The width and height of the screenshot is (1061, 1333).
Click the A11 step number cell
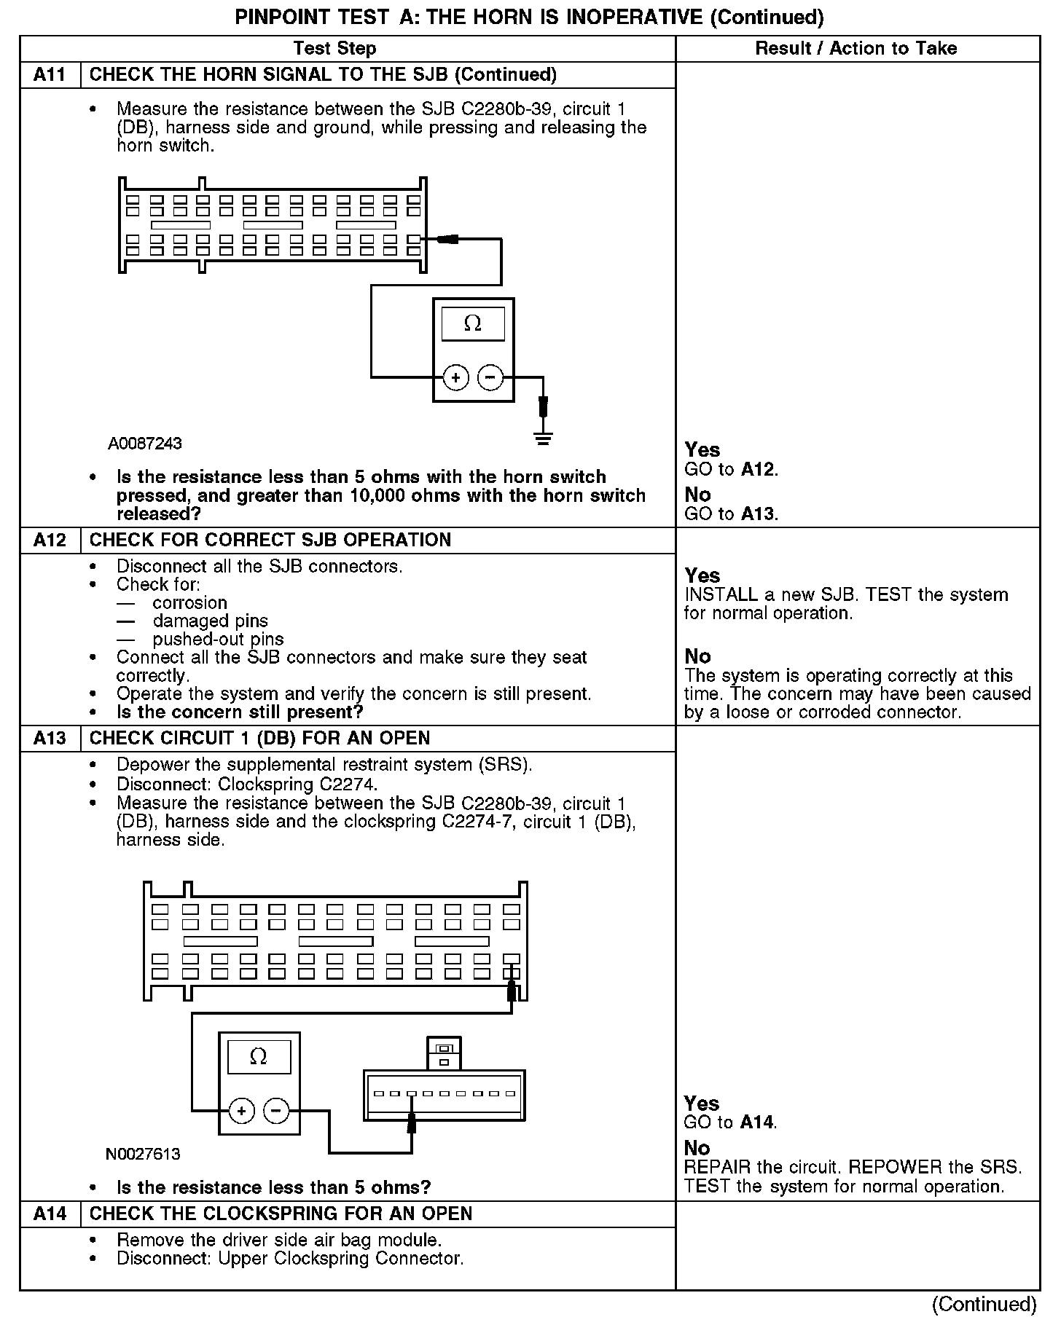tap(50, 75)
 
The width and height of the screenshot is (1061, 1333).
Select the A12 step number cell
tap(50, 540)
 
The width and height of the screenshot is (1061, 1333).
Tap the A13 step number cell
tap(50, 739)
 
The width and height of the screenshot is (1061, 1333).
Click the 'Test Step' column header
tap(335, 49)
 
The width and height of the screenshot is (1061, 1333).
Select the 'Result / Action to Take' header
tap(856, 49)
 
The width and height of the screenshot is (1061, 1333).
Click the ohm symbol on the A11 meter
tap(473, 323)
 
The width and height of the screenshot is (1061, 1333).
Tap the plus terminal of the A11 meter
tap(456, 377)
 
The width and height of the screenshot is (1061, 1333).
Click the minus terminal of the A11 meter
tap(490, 377)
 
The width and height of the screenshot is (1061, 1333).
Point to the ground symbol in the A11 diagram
tap(543, 438)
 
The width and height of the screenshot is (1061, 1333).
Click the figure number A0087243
tap(145, 444)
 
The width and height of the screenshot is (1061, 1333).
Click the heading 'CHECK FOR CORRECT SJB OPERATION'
tap(270, 540)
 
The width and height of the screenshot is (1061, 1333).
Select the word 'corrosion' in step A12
tap(190, 603)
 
